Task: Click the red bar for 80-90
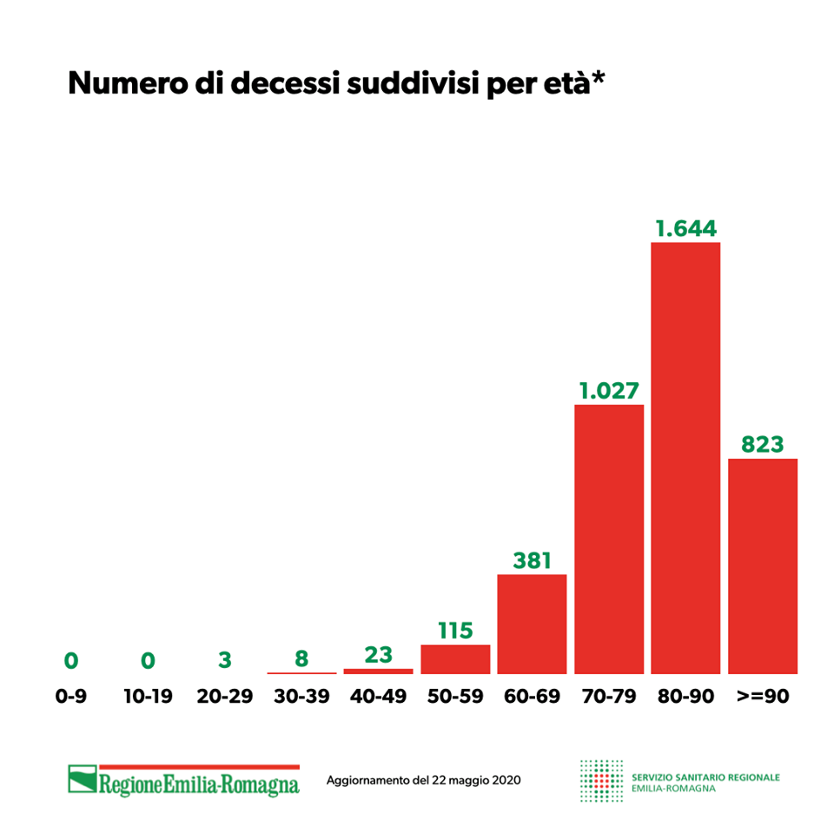(685, 458)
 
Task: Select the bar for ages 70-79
(609, 539)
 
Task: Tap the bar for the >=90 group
(763, 566)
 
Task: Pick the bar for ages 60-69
(532, 624)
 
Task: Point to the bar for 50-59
(455, 659)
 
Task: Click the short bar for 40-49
(379, 671)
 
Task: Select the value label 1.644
(685, 228)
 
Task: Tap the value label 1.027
(609, 391)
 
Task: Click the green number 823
(763, 445)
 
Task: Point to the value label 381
(532, 560)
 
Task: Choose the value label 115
(455, 631)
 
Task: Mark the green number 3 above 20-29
(225, 660)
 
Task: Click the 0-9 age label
(70, 696)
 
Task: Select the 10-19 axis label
(148, 696)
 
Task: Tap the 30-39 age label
(301, 696)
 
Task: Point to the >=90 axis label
(763, 696)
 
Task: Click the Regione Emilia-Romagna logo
(184, 779)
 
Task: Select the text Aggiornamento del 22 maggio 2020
(423, 780)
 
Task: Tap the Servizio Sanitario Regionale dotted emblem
(601, 779)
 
